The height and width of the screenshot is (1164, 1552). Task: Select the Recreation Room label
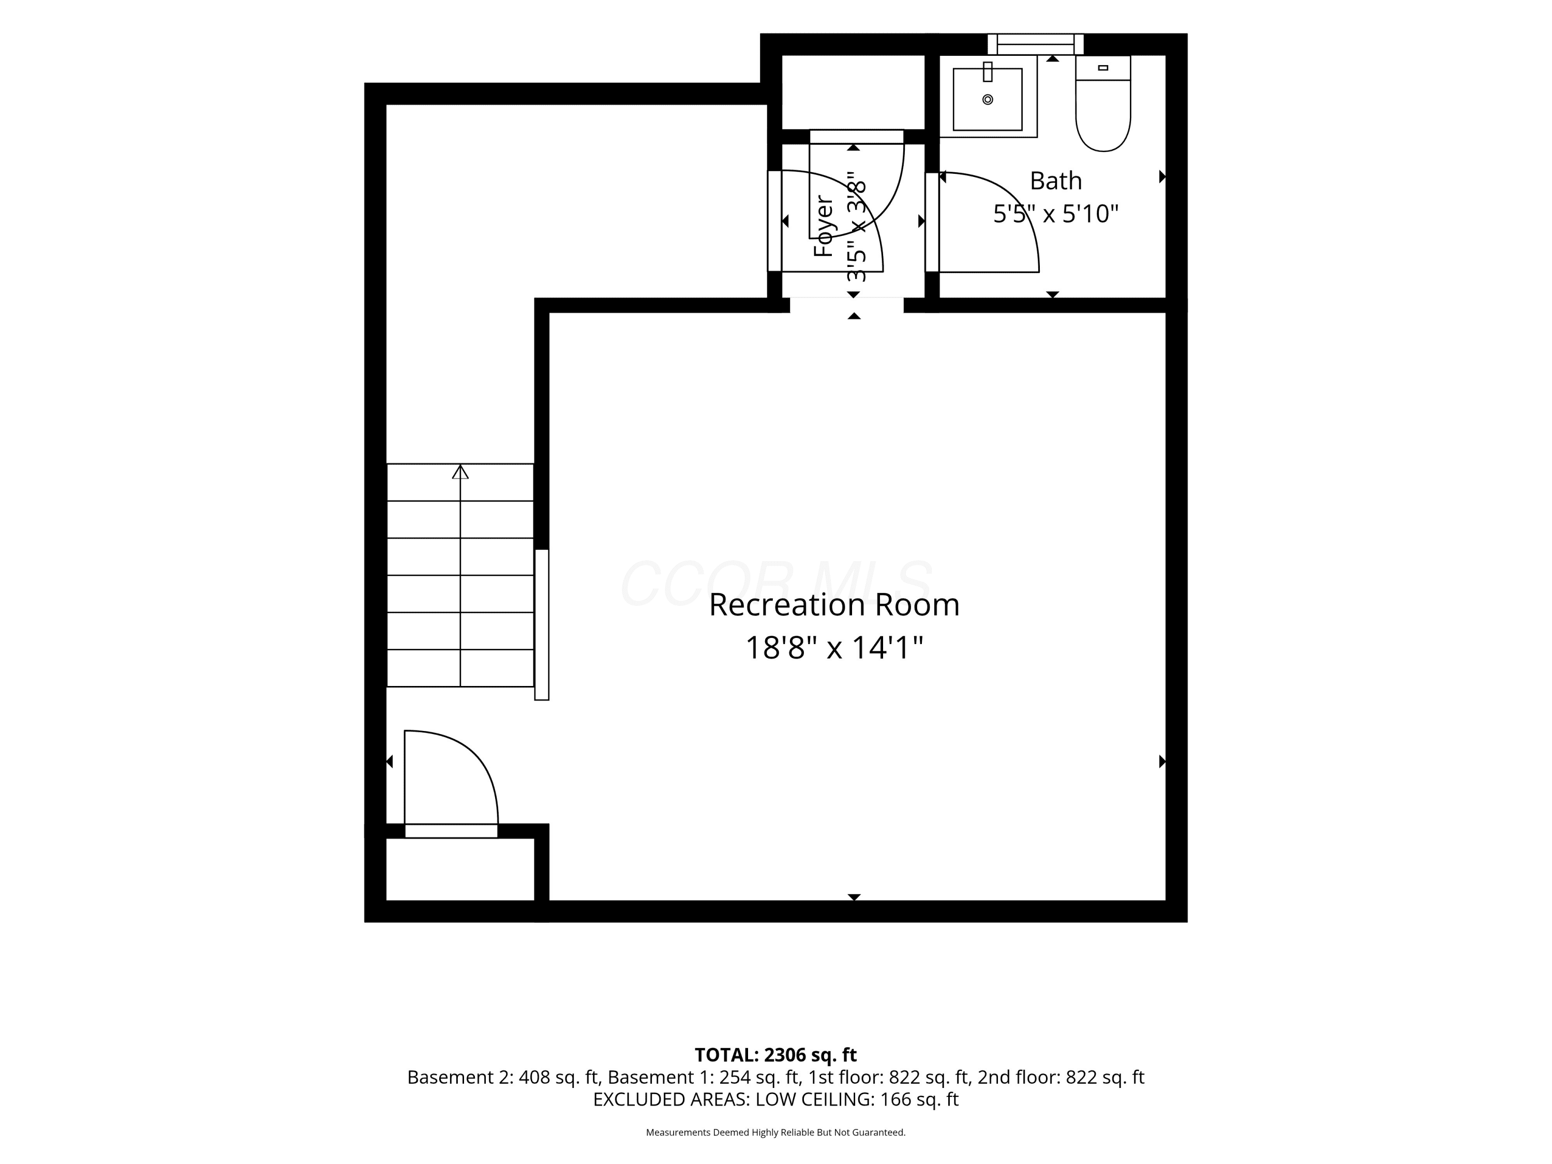tap(833, 605)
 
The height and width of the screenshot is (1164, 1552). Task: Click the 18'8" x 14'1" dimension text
tap(833, 648)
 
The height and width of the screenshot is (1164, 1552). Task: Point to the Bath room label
tap(1055, 181)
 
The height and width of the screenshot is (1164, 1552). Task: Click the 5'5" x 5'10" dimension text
tap(1055, 213)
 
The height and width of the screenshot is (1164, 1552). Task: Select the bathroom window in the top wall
tap(1036, 44)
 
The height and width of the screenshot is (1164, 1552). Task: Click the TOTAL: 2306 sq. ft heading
tap(775, 1054)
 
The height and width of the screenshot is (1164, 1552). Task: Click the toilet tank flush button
tap(1103, 68)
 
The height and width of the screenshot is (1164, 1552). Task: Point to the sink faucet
tap(988, 71)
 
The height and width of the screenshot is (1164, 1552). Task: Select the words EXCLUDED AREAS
tap(671, 1099)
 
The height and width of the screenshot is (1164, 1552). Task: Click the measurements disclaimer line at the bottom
tap(775, 1132)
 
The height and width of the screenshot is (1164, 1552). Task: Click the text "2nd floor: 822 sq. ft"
tap(1061, 1077)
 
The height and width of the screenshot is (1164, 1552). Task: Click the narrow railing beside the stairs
tap(542, 624)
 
